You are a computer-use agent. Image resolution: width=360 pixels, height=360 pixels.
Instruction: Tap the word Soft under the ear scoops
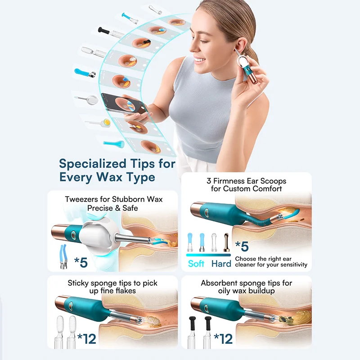click(x=196, y=264)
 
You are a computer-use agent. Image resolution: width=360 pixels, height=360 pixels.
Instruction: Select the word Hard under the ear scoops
click(x=221, y=264)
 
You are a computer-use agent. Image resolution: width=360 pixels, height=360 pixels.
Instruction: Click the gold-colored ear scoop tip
click(x=226, y=242)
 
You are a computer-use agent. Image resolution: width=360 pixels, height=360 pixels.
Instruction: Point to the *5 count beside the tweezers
click(x=81, y=262)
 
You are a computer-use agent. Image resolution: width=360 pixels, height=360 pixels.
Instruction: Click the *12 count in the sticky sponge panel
click(x=86, y=339)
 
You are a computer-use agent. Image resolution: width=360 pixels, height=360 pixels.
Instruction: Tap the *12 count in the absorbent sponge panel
click(x=223, y=339)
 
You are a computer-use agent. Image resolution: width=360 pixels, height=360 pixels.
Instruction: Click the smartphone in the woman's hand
click(x=125, y=104)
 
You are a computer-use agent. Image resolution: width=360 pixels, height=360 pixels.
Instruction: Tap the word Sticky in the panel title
click(x=78, y=283)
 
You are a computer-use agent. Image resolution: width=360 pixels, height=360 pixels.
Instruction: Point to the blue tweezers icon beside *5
click(x=63, y=256)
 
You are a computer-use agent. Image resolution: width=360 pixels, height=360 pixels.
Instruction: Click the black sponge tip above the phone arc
click(x=103, y=30)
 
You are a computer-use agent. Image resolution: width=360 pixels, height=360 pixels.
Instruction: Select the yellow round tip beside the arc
click(x=107, y=122)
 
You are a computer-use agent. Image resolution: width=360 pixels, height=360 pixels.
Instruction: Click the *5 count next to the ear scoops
click(x=242, y=246)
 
